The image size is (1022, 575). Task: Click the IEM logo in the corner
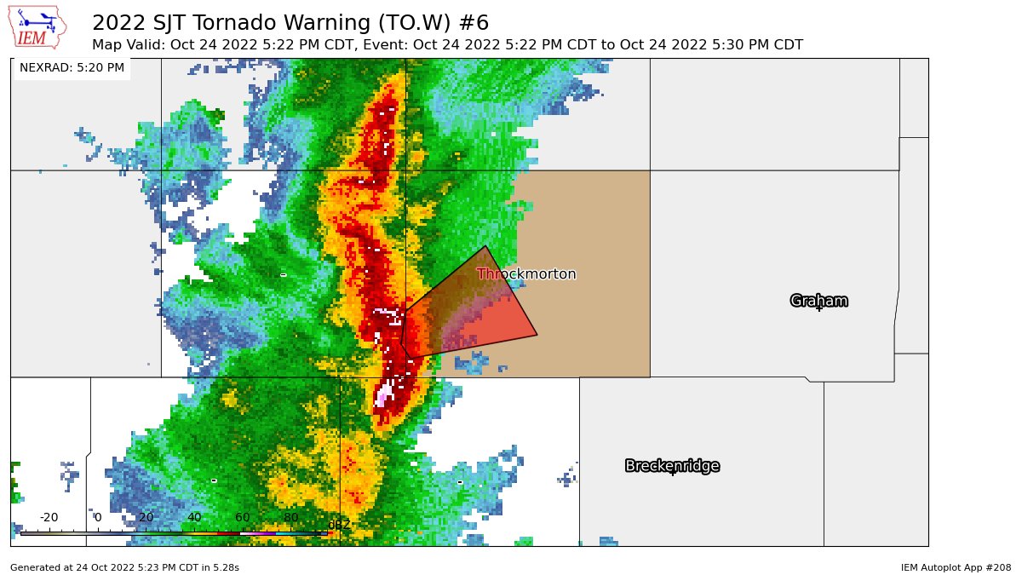tap(38, 27)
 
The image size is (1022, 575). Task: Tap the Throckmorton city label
tap(526, 274)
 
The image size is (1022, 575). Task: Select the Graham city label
tap(818, 301)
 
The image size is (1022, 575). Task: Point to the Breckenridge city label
tap(672, 466)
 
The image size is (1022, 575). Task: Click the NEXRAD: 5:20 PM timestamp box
tap(72, 67)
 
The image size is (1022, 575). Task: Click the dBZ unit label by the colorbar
tap(339, 525)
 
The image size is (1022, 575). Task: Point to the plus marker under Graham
tap(819, 308)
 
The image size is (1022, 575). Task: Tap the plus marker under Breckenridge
tap(672, 472)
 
